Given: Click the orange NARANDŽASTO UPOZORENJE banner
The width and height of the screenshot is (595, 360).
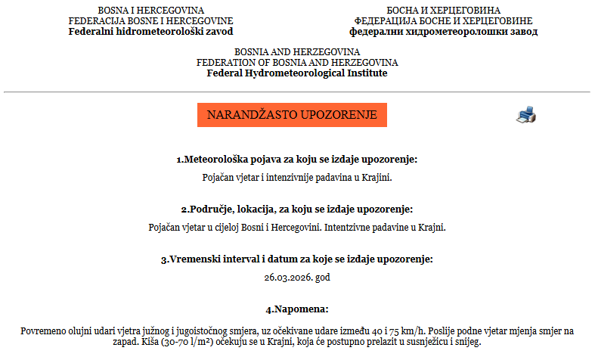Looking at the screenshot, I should (292, 115).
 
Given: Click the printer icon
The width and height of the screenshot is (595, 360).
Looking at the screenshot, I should (526, 115).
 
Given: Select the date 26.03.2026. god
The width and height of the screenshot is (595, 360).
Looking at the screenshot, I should (297, 277).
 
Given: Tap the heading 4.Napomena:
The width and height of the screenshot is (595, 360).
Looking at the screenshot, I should (297, 309).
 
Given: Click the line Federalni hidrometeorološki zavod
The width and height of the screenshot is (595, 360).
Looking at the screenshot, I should (151, 32).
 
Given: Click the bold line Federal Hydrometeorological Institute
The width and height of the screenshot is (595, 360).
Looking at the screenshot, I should (297, 73).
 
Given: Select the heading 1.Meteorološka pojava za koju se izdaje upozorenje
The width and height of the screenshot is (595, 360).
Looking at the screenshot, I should (297, 160).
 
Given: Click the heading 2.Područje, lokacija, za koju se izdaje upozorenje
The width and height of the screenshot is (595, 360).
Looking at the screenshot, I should (297, 209).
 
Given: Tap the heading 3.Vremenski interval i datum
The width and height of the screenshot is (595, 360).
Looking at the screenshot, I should (297, 259).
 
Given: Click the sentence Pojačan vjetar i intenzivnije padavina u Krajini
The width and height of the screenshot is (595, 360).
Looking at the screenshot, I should (297, 178).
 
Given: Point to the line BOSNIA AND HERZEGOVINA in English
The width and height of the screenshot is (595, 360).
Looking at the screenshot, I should (297, 51).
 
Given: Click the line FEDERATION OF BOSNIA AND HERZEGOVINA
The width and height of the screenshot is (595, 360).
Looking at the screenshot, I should (297, 63).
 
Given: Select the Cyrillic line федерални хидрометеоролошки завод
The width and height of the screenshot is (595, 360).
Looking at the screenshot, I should (445, 32).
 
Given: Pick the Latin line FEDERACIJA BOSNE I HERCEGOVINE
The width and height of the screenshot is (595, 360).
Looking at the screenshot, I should (151, 21).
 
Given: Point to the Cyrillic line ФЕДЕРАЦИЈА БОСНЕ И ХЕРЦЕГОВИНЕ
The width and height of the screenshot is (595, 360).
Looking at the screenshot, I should (445, 21).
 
